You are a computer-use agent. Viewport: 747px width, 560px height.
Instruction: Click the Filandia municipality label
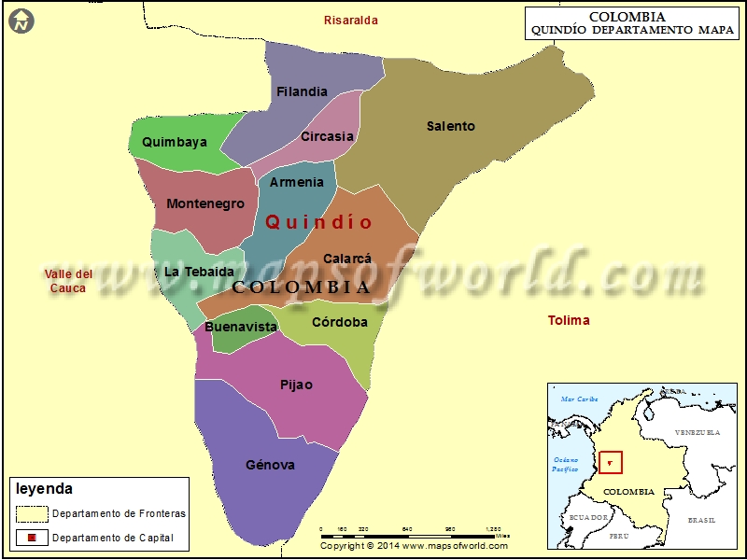tap(302, 91)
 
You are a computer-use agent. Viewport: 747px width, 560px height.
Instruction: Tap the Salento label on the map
tap(450, 126)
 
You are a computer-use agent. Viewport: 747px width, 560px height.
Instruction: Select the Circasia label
tap(327, 136)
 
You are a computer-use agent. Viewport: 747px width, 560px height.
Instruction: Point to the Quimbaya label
tap(175, 143)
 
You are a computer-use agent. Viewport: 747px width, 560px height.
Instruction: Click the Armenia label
tap(297, 182)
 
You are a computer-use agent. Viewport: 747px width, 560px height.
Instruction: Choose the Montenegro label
tap(205, 203)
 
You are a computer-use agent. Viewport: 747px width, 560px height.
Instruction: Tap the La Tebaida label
tap(199, 272)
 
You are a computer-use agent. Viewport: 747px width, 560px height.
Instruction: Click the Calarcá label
tap(347, 259)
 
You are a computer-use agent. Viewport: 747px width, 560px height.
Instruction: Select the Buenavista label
tap(241, 327)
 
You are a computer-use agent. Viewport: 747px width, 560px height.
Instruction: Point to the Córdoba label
tap(339, 322)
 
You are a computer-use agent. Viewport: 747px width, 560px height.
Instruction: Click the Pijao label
tap(296, 385)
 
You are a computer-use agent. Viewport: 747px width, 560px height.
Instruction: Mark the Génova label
tap(270, 465)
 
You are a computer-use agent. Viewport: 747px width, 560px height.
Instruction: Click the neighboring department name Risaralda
tap(351, 20)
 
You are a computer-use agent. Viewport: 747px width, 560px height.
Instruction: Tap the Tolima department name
tap(569, 320)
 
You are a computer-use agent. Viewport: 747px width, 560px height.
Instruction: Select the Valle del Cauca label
tap(68, 281)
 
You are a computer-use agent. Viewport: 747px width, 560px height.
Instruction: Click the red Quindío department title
tap(319, 222)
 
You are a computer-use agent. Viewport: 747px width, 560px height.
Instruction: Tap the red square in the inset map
tap(611, 461)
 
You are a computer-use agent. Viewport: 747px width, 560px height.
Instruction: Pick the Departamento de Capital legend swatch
tap(33, 538)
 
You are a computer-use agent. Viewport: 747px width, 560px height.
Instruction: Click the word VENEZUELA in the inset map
tap(698, 433)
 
